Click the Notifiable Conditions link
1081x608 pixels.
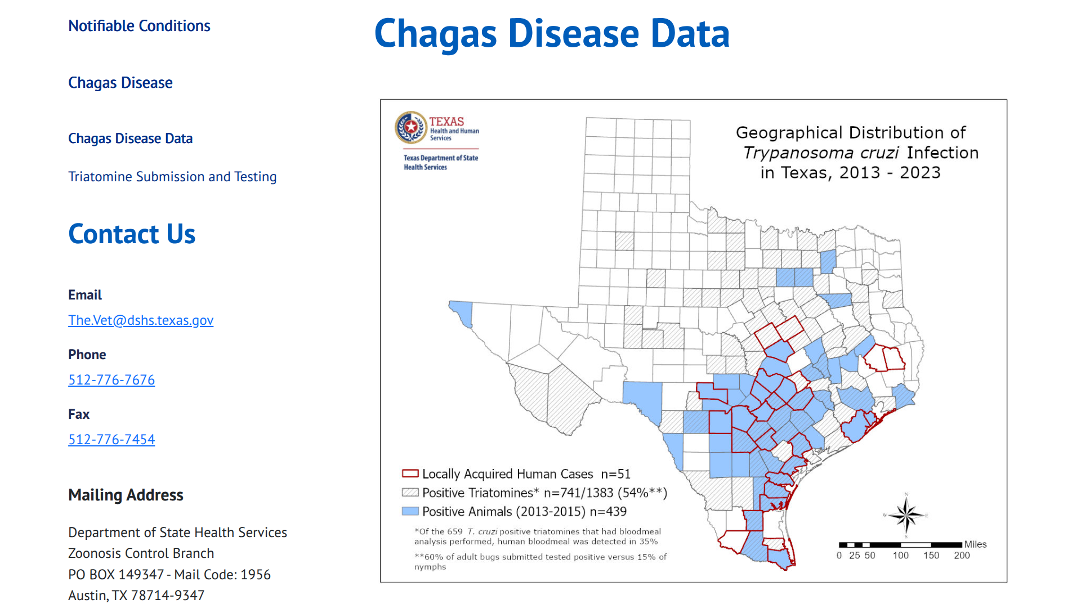(x=139, y=26)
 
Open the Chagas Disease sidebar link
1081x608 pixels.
(x=120, y=83)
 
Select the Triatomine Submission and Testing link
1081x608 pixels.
(x=172, y=177)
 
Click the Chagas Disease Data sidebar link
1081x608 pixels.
(x=130, y=138)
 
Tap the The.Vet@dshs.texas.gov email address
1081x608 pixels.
(x=141, y=320)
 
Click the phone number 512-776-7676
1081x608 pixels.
(x=111, y=380)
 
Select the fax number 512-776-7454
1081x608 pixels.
(x=111, y=440)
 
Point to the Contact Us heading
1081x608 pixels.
(x=132, y=234)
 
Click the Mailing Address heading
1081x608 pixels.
(x=126, y=495)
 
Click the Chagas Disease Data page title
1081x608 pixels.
(x=552, y=34)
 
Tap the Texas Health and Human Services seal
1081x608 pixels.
(x=411, y=127)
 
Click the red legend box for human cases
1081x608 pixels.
(x=410, y=473)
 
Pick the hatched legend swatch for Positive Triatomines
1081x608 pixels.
(x=410, y=493)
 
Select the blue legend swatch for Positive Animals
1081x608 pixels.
(x=410, y=511)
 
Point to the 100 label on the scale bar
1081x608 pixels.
(x=900, y=556)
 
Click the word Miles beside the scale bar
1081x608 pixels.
(x=975, y=544)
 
